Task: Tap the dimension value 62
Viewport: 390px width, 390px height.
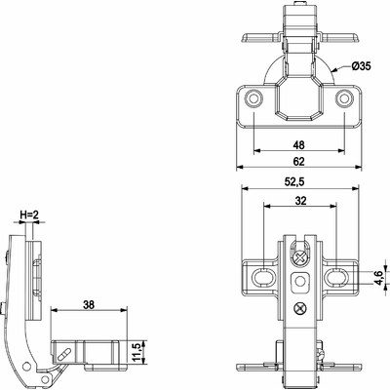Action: (299, 161)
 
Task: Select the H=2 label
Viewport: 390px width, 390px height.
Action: (29, 214)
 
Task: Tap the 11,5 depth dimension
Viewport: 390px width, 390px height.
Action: (137, 349)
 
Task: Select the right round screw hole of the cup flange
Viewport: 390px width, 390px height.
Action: (344, 98)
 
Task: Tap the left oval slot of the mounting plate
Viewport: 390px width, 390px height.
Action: (262, 277)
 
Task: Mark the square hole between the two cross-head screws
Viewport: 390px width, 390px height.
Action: (299, 284)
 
